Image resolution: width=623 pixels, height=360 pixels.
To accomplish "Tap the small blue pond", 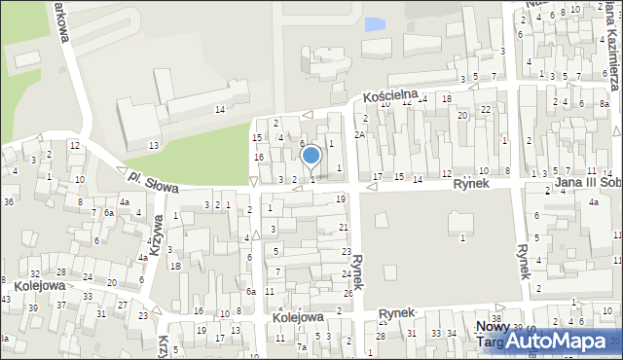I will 373,21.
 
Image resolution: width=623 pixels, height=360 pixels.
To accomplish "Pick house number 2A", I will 359,134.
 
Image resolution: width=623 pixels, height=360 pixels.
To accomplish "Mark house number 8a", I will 604,101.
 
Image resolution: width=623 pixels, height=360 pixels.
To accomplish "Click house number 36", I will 8,201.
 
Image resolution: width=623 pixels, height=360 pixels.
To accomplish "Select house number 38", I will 496,319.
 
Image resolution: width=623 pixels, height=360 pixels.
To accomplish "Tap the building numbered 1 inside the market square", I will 461,237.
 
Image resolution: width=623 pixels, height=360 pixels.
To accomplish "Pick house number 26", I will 348,293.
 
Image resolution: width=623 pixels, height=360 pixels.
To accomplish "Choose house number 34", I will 451,334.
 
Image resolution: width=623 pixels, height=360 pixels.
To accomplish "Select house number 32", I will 35,274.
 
